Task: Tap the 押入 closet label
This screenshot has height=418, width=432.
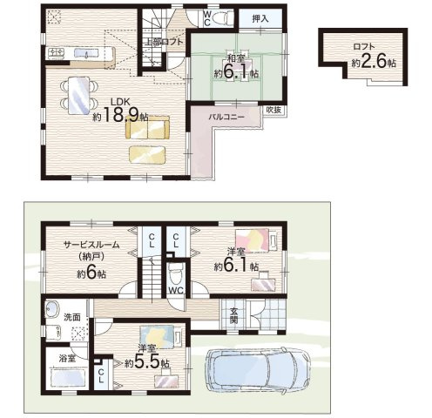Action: point(260,19)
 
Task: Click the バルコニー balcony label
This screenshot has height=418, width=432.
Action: point(226,117)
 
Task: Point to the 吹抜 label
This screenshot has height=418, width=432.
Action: point(273,110)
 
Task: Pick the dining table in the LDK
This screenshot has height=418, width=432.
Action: point(78,95)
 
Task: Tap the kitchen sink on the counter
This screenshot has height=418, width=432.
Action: point(86,53)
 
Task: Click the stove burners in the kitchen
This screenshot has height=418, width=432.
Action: point(57,52)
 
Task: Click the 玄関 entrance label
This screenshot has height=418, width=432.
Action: point(233,315)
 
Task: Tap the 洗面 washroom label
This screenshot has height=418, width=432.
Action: point(72,317)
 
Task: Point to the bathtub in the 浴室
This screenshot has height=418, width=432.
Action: point(69,377)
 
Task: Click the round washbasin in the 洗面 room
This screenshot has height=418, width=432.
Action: point(52,309)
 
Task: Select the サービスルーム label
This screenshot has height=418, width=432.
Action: point(91,245)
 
